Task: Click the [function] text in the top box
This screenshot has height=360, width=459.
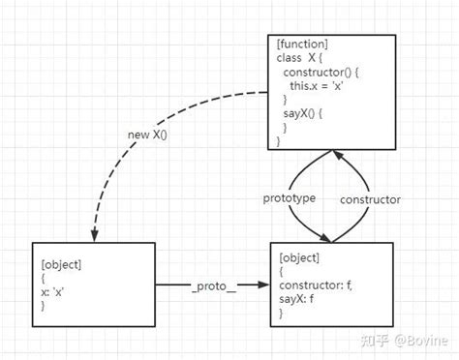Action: coord(303,45)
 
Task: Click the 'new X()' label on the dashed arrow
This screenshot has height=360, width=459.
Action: coord(147,134)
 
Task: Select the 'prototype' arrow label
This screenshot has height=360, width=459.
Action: coord(291,198)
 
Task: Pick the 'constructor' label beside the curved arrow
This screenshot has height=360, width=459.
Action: coord(369,198)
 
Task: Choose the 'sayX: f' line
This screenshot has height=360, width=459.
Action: coord(300,299)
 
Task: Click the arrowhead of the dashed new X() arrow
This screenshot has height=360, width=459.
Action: coord(90,235)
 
